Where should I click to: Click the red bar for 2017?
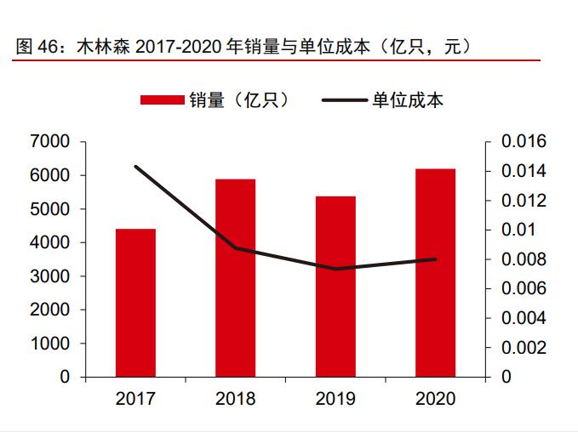click(135, 302)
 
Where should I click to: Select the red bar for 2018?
click(236, 277)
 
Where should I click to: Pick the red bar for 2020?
click(435, 272)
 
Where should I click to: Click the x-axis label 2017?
click(135, 399)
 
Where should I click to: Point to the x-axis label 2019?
click(335, 399)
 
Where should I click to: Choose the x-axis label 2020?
click(435, 399)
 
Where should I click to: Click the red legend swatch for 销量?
click(162, 100)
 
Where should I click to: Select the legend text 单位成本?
click(407, 100)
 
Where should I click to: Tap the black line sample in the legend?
click(345, 100)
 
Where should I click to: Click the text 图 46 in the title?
click(32, 47)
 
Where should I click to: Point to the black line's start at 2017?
click(135, 166)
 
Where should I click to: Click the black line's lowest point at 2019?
click(335, 269)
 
